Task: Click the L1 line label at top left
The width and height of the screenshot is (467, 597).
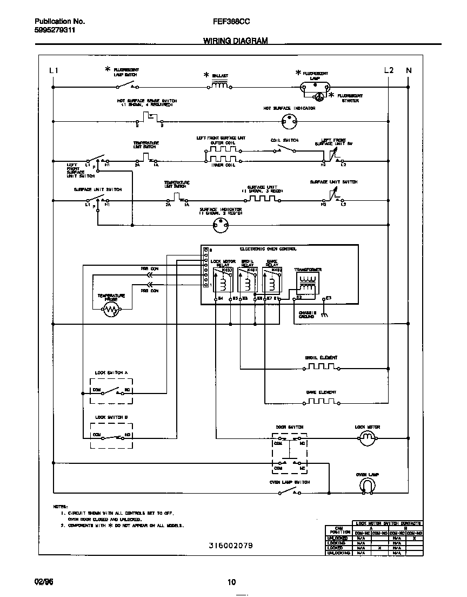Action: [54, 70]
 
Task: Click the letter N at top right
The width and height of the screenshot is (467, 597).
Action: [409, 70]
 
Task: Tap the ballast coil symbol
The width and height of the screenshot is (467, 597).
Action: [219, 84]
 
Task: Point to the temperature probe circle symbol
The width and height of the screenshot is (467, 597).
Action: [111, 310]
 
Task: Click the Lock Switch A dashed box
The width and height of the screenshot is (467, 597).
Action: [111, 390]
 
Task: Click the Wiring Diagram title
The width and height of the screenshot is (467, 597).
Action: [235, 41]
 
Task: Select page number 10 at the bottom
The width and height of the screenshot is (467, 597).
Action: [231, 582]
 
